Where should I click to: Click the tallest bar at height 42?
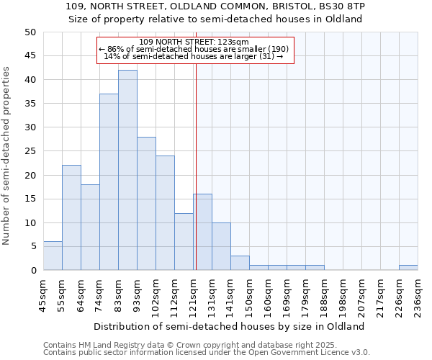[x=127, y=170]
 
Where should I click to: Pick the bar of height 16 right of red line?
[x=202, y=232]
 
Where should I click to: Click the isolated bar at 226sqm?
[x=408, y=268]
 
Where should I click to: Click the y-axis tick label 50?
[x=30, y=32]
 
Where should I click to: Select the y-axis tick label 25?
[x=30, y=151]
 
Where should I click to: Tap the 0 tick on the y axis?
[x=32, y=271]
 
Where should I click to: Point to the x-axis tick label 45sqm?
[x=44, y=294]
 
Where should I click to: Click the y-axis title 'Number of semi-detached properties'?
[x=7, y=156]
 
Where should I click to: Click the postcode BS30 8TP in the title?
[x=343, y=6]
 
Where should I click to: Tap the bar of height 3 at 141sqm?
[x=240, y=263]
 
